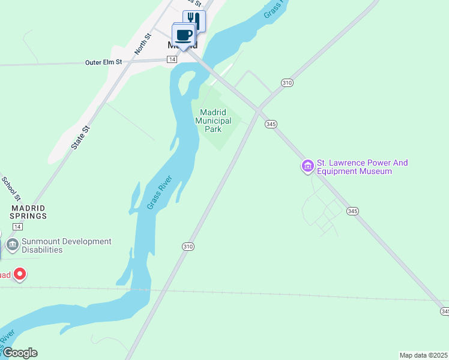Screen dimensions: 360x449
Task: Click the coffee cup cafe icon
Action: pos(184,34)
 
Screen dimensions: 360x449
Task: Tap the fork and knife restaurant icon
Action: pos(194,20)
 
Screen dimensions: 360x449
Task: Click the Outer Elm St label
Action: pos(103,62)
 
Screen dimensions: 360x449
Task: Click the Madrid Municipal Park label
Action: pos(213,121)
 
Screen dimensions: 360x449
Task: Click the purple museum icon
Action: pos(308,166)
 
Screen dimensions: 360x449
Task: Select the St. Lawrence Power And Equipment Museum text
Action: pos(362,167)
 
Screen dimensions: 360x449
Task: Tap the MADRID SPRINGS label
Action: pos(28,211)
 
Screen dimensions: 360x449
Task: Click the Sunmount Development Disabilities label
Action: pos(66,245)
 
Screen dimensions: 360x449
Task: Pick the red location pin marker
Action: pos(20,274)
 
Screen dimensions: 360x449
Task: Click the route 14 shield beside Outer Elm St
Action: pos(172,59)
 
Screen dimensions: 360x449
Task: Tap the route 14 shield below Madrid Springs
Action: pos(18,226)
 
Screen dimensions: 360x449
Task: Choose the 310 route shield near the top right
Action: pos(287,83)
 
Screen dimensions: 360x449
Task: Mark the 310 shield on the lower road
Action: pos(188,246)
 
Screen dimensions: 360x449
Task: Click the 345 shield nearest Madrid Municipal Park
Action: pos(271,124)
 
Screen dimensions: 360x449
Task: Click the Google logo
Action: pos(20,353)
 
